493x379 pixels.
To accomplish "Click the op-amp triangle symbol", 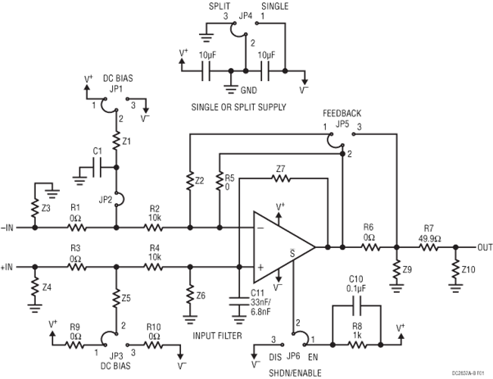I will (282, 246).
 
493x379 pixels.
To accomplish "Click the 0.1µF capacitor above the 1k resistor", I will (355, 308).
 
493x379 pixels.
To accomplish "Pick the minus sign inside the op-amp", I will (259, 227).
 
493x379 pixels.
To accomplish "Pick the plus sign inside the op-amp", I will (259, 266).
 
